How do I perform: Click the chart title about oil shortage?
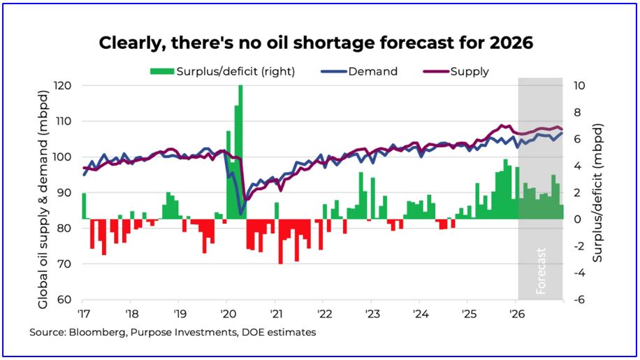click(x=316, y=43)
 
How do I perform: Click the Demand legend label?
click(x=372, y=71)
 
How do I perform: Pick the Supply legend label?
click(x=470, y=71)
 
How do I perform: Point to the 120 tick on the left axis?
click(x=65, y=85)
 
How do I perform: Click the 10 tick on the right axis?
click(x=580, y=85)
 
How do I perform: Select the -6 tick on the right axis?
click(x=579, y=300)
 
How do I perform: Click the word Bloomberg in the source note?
click(x=92, y=333)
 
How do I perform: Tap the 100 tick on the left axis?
click(x=65, y=157)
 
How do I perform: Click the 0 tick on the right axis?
click(x=577, y=219)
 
